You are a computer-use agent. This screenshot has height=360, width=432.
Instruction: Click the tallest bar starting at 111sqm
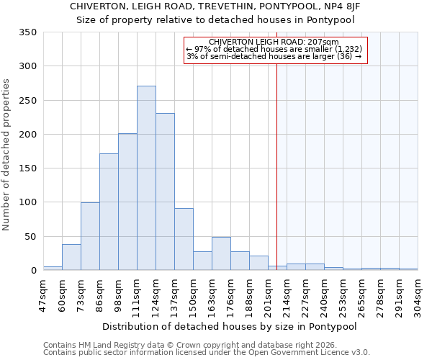pos(146,178)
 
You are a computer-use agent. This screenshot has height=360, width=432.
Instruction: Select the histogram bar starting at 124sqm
pos(165,192)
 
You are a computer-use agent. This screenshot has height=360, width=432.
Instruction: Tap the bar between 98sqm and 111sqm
pos(127,202)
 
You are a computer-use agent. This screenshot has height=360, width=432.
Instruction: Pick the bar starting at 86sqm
pos(109,212)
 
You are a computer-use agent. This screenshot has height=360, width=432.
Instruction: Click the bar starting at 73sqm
pos(90,236)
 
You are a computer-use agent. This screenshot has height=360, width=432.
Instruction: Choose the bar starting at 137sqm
pos(184,239)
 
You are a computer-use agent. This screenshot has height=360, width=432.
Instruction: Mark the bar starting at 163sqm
pos(221,253)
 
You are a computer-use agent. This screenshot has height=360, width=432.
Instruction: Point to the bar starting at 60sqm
pos(71,257)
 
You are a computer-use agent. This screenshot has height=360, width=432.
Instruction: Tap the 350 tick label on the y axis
pos(27,32)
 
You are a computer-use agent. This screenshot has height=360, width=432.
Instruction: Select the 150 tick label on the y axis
pos(27,168)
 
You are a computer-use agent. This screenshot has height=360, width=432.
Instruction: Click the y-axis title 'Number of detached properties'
pos(7,151)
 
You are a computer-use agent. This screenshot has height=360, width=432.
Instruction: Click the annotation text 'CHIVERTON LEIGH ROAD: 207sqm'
pos(276,42)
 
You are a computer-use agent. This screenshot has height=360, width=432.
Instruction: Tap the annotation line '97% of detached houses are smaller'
pos(276,49)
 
